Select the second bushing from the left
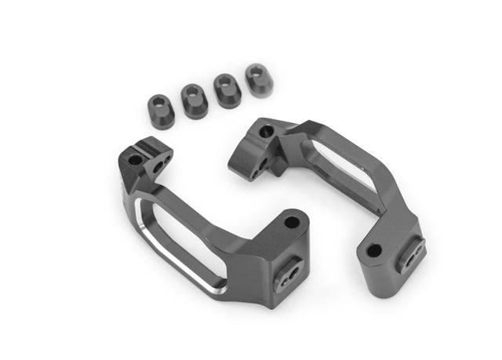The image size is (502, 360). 193,98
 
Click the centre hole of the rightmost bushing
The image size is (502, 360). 254,71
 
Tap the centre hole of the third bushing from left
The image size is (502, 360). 224,82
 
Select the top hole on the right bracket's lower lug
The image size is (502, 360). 374,251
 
